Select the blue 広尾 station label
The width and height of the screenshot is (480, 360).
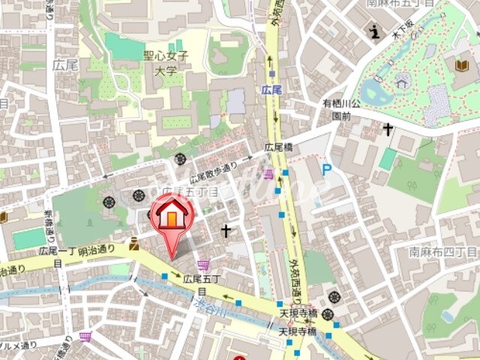pos(271,90)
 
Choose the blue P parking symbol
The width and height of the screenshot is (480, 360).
pos(326,171)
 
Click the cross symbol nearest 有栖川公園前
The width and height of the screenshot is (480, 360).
pos(387,129)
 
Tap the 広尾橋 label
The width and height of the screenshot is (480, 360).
pos(277,148)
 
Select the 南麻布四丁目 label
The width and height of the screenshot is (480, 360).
pos(442,253)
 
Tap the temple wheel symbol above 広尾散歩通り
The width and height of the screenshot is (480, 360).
pos(180,158)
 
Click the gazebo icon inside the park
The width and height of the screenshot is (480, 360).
pos(403,80)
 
